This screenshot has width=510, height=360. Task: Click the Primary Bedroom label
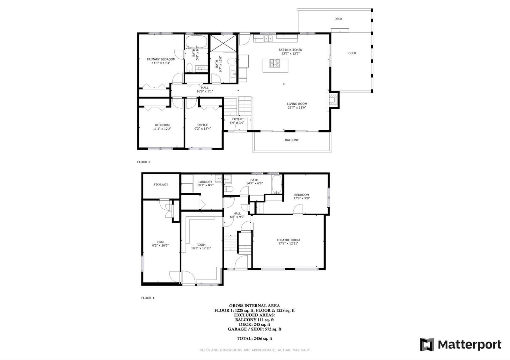tap(161, 59)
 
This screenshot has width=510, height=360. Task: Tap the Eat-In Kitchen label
tap(290, 50)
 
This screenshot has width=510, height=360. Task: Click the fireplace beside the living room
tap(333, 99)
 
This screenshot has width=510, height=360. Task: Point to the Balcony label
tap(292, 140)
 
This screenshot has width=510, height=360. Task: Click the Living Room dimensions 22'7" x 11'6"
tap(297, 108)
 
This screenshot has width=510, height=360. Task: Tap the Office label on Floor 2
tap(203, 125)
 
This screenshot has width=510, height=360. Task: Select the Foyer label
tap(237, 119)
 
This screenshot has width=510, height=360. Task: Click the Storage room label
tap(161, 184)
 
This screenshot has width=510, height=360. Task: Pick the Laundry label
tap(205, 182)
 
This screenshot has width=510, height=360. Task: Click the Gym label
tap(160, 242)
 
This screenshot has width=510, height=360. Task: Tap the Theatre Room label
tap(288, 240)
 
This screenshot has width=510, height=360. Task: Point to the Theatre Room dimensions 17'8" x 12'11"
tap(288, 243)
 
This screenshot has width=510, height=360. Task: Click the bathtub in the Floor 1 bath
tap(277, 184)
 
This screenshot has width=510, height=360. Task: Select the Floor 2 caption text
tap(144, 162)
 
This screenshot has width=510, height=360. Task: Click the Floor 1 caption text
tap(148, 298)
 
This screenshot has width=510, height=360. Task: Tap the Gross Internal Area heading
tap(254, 306)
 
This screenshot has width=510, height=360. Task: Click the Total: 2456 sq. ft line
tap(254, 338)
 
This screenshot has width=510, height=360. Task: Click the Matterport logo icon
tap(427, 344)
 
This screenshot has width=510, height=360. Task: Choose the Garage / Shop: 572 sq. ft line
tap(254, 329)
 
